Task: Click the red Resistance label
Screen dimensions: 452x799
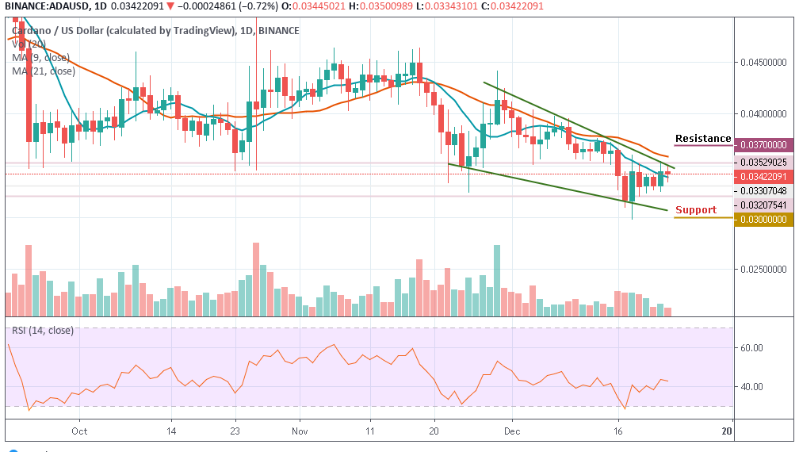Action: click(x=703, y=139)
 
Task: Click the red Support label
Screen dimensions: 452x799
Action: click(x=695, y=210)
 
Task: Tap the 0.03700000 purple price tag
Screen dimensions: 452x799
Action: click(x=766, y=145)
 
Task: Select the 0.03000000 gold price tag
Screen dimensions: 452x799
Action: click(x=766, y=218)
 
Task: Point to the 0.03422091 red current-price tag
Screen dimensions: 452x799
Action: click(x=766, y=175)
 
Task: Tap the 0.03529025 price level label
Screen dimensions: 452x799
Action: click(x=766, y=162)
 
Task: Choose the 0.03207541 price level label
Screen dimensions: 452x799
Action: click(x=766, y=204)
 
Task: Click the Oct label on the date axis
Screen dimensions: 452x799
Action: click(x=78, y=431)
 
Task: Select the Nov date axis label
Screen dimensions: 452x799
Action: click(x=299, y=431)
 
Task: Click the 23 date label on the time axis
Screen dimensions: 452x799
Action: click(x=235, y=431)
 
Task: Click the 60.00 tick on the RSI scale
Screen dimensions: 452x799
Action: click(x=751, y=348)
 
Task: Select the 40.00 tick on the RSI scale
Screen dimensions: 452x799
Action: click(x=751, y=387)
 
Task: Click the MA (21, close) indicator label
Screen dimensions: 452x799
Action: click(x=43, y=71)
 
